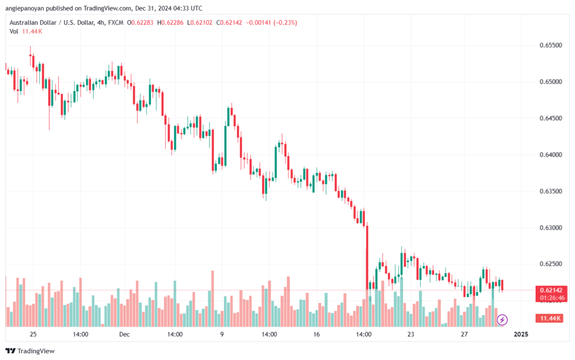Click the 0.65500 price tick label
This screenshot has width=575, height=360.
coord(550,45)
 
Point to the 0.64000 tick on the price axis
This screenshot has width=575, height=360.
coord(550,154)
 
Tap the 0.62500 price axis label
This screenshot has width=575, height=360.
coord(550,264)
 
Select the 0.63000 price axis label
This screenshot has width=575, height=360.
coord(550,227)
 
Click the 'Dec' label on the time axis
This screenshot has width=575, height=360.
coord(124,334)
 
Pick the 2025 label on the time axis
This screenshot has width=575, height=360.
coord(521,334)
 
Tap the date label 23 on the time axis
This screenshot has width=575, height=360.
coord(410,334)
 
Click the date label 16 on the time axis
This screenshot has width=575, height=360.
coord(316,334)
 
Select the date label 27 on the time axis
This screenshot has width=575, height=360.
coord(464,334)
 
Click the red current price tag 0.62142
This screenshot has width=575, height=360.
coord(551,290)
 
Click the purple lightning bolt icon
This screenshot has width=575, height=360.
coord(502,320)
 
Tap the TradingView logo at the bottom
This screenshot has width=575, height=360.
coord(30,351)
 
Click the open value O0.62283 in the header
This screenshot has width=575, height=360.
coord(140,22)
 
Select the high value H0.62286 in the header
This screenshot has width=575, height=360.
coord(170,22)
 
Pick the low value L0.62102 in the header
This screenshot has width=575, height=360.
coord(199,22)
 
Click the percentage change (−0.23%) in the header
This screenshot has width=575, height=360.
coord(285,22)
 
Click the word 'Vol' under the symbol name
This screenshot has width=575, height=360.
coord(14,31)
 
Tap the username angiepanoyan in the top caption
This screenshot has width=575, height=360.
coord(25,8)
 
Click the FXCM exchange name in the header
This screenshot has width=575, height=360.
coord(116,22)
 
